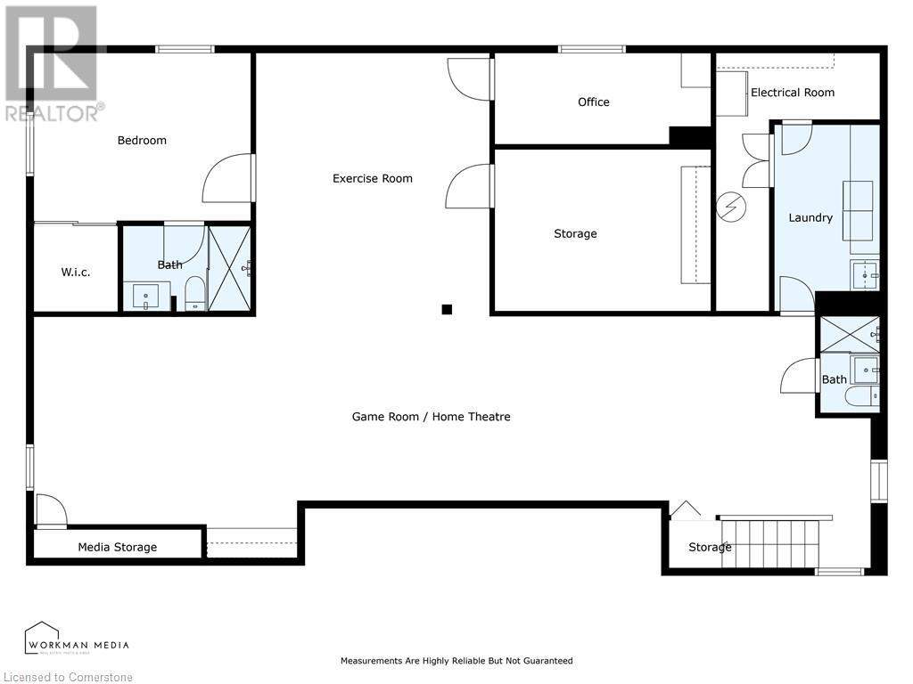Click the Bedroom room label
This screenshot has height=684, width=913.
click(x=142, y=140)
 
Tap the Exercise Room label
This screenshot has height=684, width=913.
click(x=372, y=178)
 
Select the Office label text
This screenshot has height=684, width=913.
click(x=593, y=102)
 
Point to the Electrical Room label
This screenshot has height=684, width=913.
click(x=792, y=93)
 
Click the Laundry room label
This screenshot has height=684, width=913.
click(x=810, y=217)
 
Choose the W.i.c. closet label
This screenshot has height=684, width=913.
click(x=75, y=272)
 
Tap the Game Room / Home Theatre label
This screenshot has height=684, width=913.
click(x=431, y=417)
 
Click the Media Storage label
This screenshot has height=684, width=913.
click(x=117, y=547)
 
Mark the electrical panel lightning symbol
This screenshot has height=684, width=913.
click(x=731, y=207)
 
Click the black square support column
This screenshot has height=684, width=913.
click(x=447, y=309)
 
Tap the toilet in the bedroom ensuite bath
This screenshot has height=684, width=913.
click(x=195, y=294)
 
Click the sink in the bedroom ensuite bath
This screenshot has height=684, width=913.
click(x=145, y=297)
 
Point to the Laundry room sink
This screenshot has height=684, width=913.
click(x=865, y=274)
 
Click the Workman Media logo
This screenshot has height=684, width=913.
click(x=77, y=639)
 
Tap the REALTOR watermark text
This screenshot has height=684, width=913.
click(x=54, y=113)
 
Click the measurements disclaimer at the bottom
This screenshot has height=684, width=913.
click(x=456, y=661)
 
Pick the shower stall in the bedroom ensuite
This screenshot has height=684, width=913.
click(x=230, y=268)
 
